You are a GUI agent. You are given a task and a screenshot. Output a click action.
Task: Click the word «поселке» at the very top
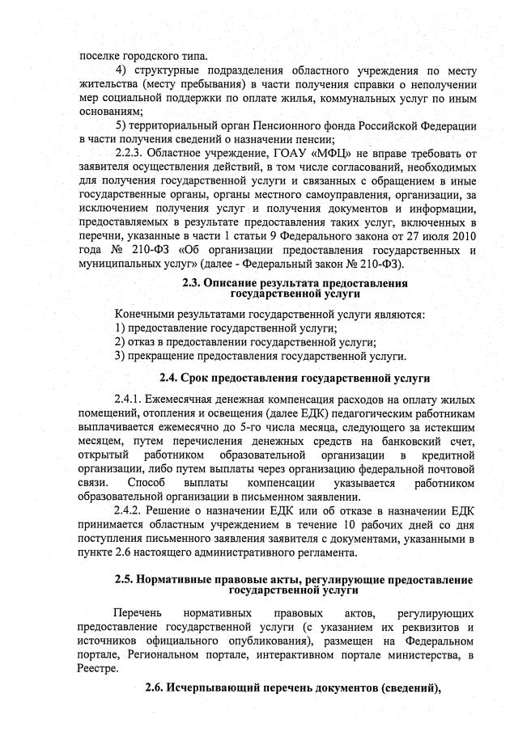[x=98, y=56]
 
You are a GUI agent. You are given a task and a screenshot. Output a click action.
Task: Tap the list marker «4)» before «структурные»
[x=123, y=71]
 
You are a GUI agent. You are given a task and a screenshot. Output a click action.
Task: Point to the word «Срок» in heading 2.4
[x=195, y=379]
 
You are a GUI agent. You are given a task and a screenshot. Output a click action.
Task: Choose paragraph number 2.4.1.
[x=133, y=401]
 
